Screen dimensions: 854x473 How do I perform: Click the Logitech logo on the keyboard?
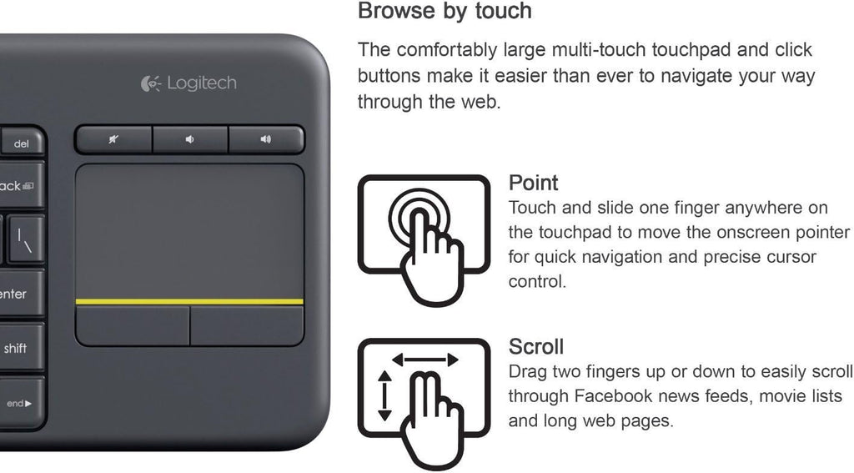click(188, 83)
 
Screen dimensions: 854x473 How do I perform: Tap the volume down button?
click(190, 139)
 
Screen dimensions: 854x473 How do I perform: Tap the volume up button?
click(266, 139)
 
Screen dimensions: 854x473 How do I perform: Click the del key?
click(22, 143)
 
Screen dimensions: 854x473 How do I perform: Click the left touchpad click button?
click(133, 325)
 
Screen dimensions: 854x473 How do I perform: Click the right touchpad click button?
click(247, 325)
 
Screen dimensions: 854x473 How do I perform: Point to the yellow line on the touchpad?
click(189, 301)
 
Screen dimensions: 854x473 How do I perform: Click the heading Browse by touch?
click(445, 11)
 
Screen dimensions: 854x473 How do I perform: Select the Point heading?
click(533, 183)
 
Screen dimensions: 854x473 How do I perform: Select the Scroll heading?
click(536, 346)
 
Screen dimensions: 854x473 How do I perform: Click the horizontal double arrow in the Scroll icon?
click(425, 359)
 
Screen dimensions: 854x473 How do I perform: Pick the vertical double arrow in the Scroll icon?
click(384, 395)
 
